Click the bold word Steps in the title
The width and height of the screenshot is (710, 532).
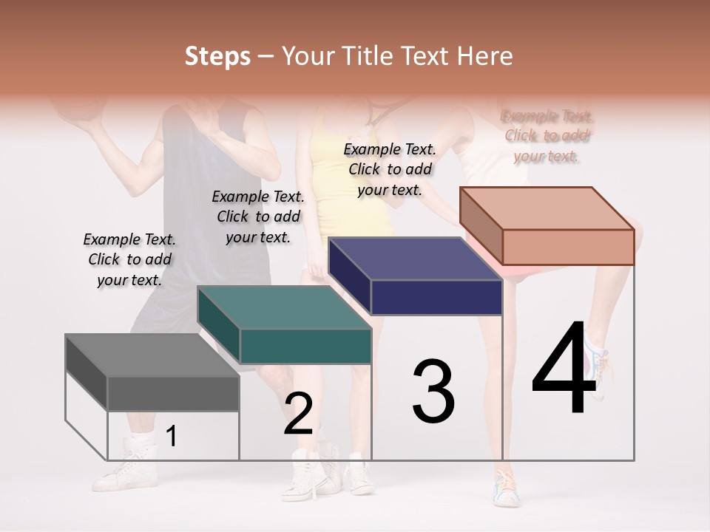[x=217, y=56]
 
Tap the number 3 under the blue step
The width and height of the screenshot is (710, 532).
[x=433, y=392]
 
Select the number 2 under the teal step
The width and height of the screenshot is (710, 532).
[x=298, y=414]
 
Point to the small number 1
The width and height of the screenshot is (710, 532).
[x=171, y=437]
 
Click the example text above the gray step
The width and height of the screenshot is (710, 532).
[x=129, y=259]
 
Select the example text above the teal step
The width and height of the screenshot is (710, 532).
[x=258, y=216]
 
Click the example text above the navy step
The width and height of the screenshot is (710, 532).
[x=390, y=169]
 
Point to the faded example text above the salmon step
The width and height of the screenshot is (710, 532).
[x=547, y=136]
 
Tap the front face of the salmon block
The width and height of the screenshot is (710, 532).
[x=568, y=247]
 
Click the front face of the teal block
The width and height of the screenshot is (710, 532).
[x=305, y=346]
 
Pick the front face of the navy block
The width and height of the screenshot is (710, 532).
[x=436, y=298]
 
